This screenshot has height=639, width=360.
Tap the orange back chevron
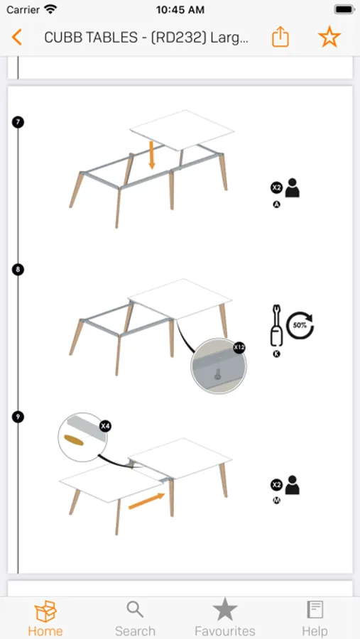click(x=17, y=37)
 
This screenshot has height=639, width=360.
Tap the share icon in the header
click(x=280, y=37)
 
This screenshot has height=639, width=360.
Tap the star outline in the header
click(x=329, y=37)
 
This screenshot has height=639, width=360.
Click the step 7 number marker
click(x=18, y=122)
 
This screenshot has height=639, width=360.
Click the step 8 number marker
click(x=18, y=269)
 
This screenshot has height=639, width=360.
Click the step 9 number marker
click(x=18, y=417)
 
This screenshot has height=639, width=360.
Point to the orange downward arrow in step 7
click(x=152, y=155)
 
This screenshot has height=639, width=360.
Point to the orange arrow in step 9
click(x=147, y=501)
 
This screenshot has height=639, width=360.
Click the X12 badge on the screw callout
click(x=239, y=348)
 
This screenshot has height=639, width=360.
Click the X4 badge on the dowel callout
click(x=106, y=426)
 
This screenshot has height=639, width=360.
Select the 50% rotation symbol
click(x=300, y=325)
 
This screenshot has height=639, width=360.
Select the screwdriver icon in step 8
click(x=276, y=326)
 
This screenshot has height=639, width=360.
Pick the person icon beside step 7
click(x=293, y=188)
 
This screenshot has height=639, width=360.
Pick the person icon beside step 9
click(x=293, y=485)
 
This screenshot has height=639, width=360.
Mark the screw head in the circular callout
click(x=218, y=373)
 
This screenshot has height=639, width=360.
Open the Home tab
click(x=45, y=618)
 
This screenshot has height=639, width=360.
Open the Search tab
click(x=135, y=618)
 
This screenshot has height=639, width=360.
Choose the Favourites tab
click(x=225, y=618)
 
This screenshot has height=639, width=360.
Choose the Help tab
click(x=315, y=618)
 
